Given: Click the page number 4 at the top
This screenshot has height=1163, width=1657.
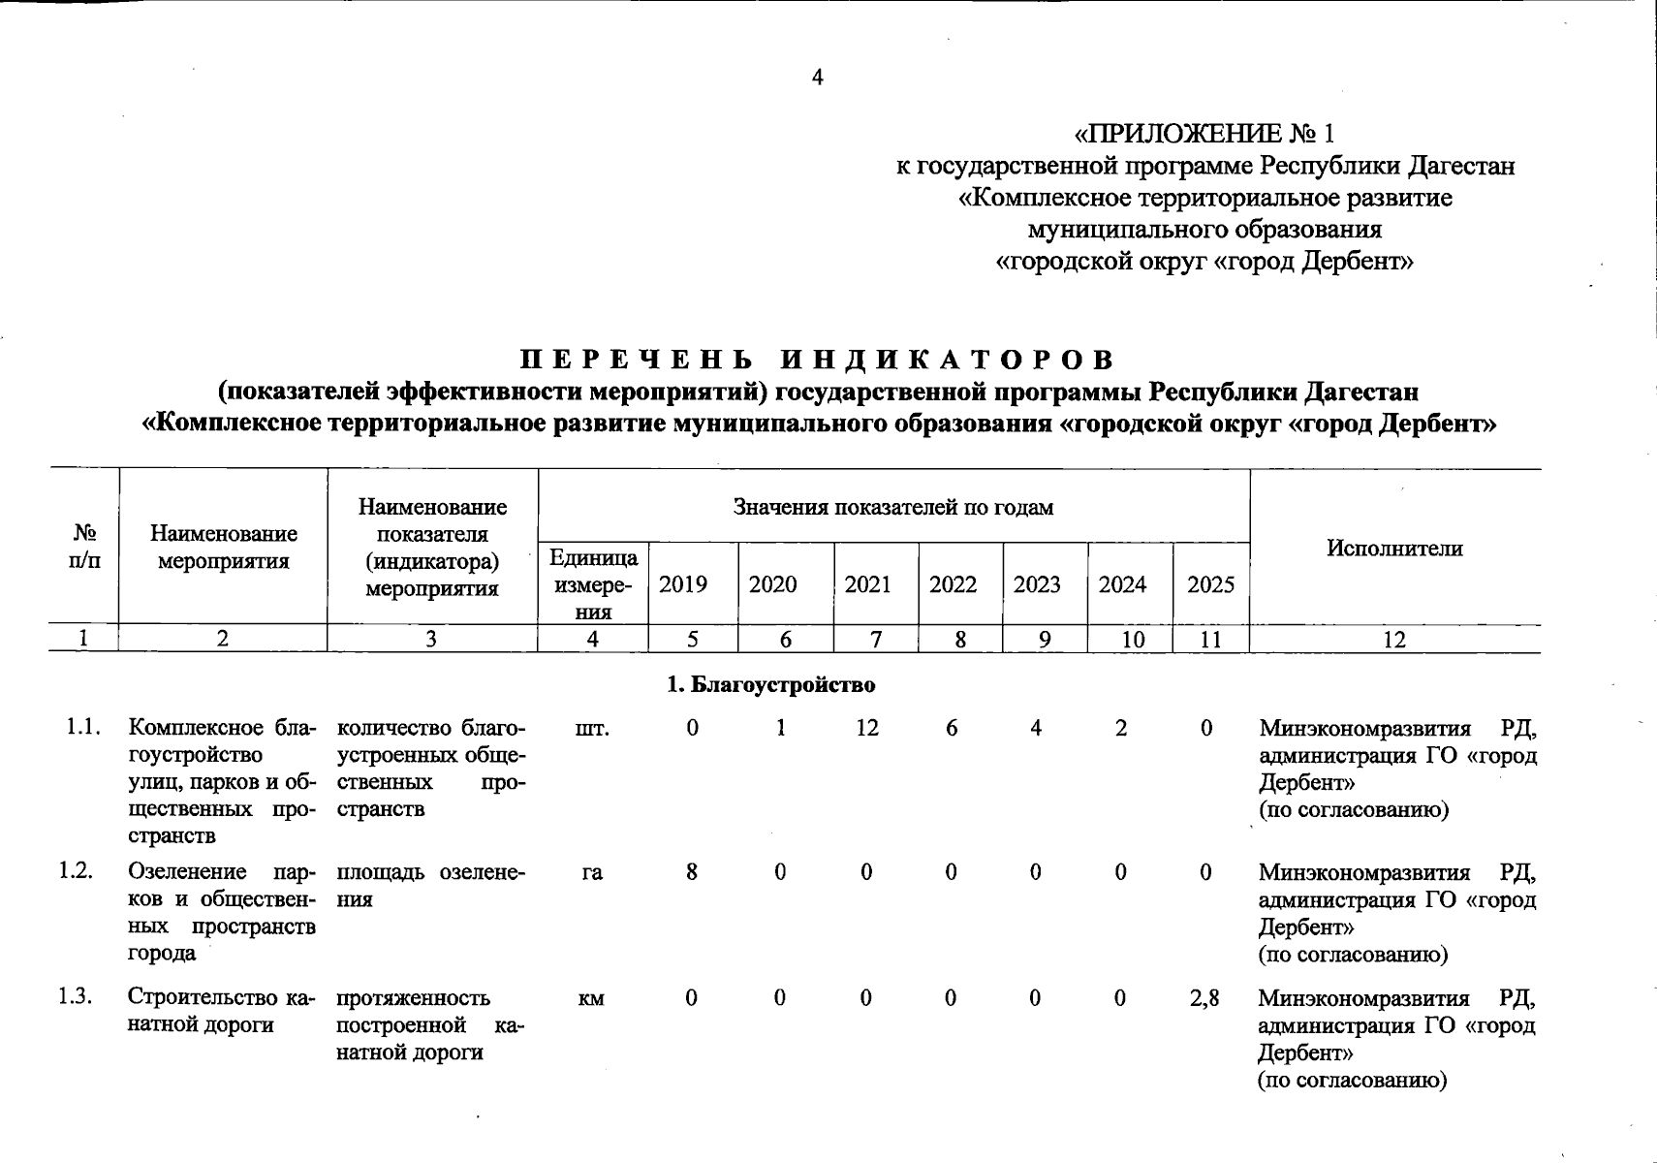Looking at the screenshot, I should (817, 78).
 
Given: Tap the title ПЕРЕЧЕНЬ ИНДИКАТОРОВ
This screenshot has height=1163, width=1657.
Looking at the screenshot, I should (817, 360).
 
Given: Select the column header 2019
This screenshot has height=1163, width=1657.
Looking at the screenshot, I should (683, 584).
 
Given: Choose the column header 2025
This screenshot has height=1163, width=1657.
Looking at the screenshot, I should (1210, 584).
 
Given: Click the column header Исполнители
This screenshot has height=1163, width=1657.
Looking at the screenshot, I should (1393, 548).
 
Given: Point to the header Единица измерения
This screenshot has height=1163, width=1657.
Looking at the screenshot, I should (593, 583).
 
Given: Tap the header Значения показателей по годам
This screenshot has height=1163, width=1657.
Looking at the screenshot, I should (892, 507).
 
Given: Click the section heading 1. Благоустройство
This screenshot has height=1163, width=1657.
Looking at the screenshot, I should (771, 685).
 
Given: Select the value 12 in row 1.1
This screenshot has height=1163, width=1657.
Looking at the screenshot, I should (867, 728).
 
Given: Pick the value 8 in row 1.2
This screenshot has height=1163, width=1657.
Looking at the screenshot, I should (692, 872).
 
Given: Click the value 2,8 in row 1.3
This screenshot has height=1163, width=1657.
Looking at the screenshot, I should (1204, 997).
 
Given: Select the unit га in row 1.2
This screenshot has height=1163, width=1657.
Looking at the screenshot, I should (592, 872).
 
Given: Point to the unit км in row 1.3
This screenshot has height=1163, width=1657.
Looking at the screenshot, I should (592, 998).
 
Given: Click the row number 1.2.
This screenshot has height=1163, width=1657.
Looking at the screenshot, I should (75, 870).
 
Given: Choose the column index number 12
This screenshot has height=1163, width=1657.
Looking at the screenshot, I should (1393, 639).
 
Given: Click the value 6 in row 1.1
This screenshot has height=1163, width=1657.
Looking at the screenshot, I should (952, 728).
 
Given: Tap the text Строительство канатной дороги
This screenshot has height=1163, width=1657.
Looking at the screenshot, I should (221, 1011).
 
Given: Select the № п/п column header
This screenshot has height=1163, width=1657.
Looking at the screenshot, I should (83, 547).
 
